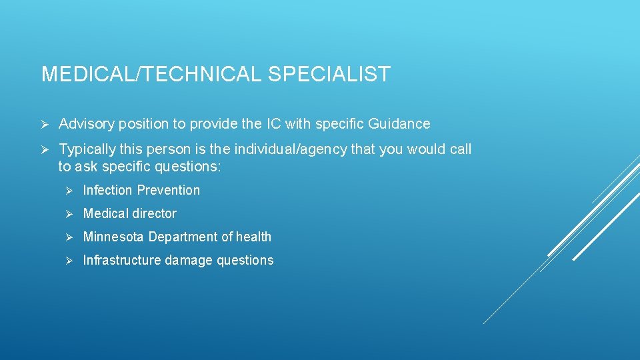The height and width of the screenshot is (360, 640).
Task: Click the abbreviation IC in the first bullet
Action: (274, 124)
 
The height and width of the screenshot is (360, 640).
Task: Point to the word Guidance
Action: (398, 124)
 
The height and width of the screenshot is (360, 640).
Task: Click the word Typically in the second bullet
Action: (84, 149)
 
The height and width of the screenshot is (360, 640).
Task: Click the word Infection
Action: (108, 191)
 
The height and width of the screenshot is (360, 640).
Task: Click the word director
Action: (154, 214)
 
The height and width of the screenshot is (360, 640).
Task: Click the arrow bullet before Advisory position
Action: (45, 124)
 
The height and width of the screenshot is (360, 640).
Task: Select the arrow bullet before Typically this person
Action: (45, 149)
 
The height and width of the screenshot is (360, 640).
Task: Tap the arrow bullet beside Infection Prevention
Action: (69, 191)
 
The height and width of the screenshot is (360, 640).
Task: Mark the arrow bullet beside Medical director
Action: (69, 214)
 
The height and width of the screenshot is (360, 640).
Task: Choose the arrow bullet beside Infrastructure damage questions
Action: (69, 261)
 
